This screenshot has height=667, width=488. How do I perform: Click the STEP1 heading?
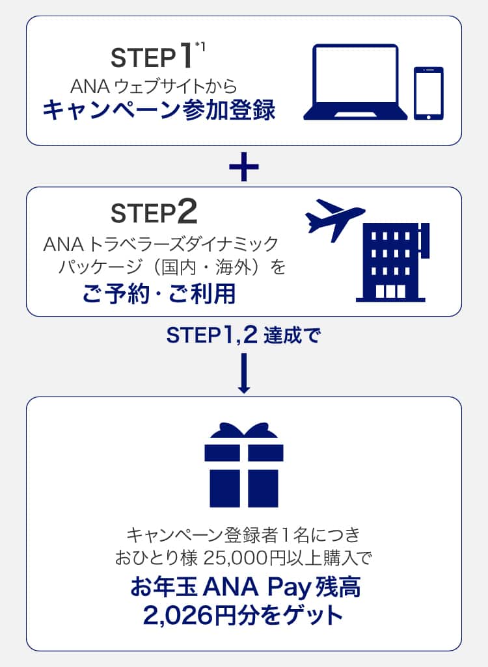click(x=152, y=58)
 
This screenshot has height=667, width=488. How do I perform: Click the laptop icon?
click(x=355, y=83)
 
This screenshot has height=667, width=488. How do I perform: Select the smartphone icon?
click(x=429, y=94)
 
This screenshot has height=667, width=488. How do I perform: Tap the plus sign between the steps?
click(x=244, y=166)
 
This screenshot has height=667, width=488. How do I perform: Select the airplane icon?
click(x=334, y=218)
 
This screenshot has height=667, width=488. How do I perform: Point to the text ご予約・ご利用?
click(x=159, y=294)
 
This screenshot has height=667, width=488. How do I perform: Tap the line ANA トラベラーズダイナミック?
click(x=160, y=244)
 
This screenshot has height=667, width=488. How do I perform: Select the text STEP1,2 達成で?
click(x=243, y=336)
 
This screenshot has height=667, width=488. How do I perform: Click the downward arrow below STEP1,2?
click(x=244, y=373)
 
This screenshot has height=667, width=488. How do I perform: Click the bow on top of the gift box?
click(x=243, y=431)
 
